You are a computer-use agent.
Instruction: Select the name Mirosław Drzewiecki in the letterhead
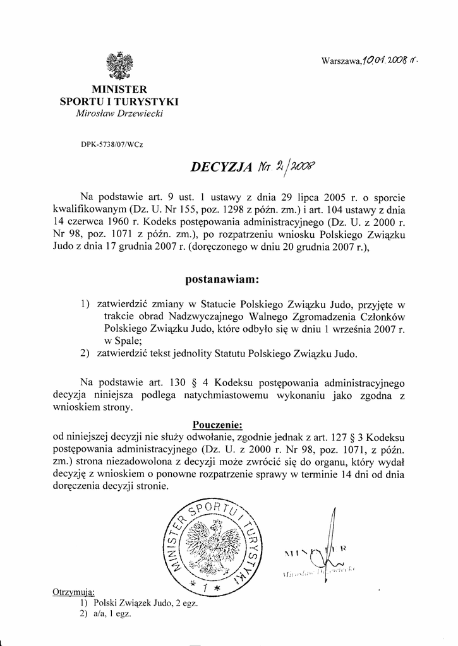(x=119, y=113)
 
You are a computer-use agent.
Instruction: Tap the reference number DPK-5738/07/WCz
(x=112, y=144)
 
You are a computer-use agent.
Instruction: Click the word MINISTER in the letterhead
(x=119, y=90)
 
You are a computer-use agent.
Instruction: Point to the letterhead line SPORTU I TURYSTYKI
(x=119, y=101)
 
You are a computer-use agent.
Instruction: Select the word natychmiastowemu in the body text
(x=227, y=395)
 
